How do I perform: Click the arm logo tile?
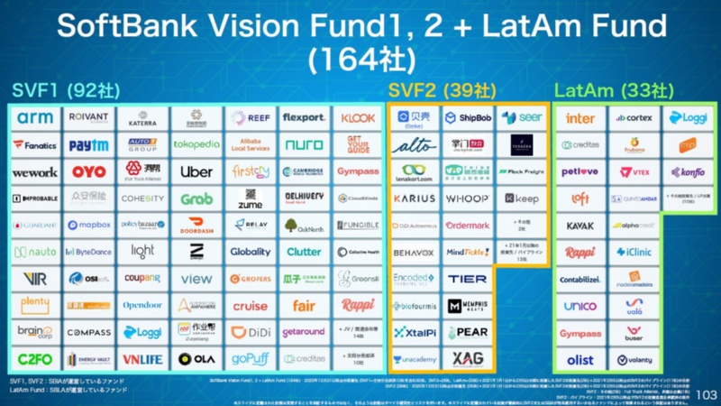[34, 118]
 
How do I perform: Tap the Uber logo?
[196, 171]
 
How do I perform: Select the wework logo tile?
[34, 171]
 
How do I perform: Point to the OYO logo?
[88, 171]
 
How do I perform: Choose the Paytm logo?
[88, 144]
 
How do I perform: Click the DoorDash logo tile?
[196, 226]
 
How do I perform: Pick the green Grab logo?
[196, 198]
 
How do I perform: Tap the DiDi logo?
[250, 333]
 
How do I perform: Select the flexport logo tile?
[304, 118]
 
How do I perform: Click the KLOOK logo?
[358, 118]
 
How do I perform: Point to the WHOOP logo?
[467, 198]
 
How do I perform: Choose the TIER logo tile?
[467, 280]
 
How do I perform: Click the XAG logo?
[467, 359]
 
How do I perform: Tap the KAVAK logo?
[580, 226]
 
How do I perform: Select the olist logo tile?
[580, 359]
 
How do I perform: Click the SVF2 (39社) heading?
[430, 90]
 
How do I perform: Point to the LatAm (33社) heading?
[613, 90]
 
